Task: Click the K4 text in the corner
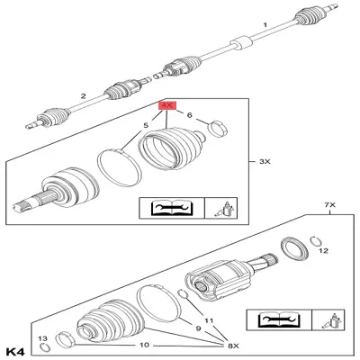tap(17, 349)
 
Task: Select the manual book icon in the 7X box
tap(277, 319)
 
